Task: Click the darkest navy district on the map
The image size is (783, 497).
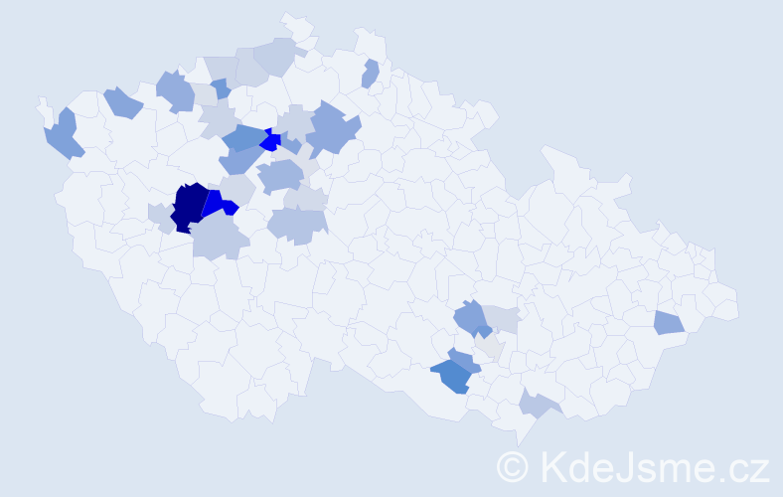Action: pyautogui.click(x=189, y=206)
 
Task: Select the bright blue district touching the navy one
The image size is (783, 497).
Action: pyautogui.click(x=219, y=203)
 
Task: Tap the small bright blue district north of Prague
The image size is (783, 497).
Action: pyautogui.click(x=270, y=141)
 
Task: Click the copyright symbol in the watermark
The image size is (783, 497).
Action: pyautogui.click(x=513, y=465)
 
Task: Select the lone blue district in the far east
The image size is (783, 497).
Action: pyautogui.click(x=669, y=322)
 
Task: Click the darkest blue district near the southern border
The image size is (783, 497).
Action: pyautogui.click(x=452, y=376)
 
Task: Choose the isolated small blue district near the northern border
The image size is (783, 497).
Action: pyautogui.click(x=371, y=74)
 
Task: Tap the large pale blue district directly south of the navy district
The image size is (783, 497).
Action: pyautogui.click(x=219, y=238)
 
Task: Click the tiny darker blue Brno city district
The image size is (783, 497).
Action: pyautogui.click(x=482, y=332)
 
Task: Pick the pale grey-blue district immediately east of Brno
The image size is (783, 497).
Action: pyautogui.click(x=504, y=319)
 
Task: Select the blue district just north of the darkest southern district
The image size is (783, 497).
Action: pyautogui.click(x=462, y=358)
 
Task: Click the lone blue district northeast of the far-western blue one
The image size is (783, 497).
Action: pyautogui.click(x=123, y=101)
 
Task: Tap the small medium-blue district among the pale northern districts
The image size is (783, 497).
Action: pyautogui.click(x=221, y=88)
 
